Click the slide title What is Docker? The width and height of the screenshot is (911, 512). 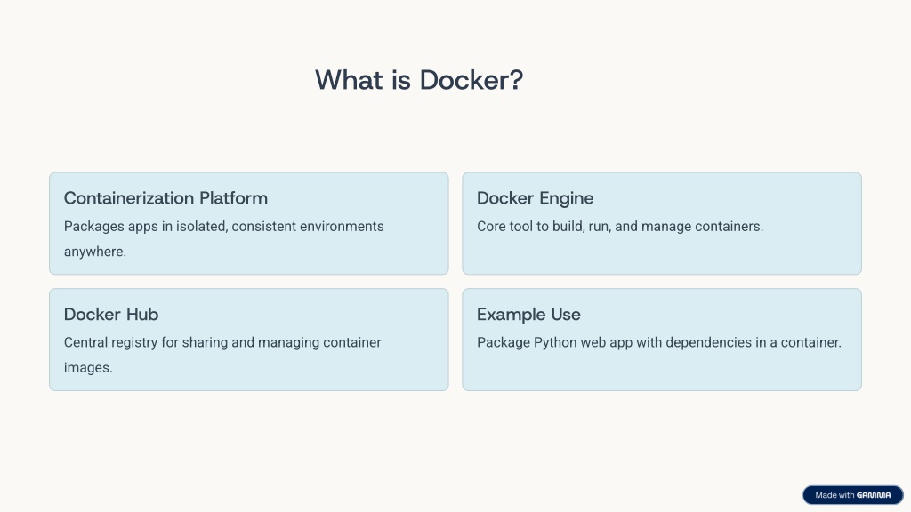[419, 79]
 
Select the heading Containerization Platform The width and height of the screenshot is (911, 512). [165, 198]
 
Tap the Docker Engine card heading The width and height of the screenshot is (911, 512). [535, 198]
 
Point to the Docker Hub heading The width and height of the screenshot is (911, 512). [111, 314]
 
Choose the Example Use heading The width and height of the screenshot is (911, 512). [528, 315]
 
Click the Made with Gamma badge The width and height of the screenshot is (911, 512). [853, 495]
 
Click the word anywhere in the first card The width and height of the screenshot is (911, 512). [94, 252]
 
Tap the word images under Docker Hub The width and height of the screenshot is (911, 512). [88, 368]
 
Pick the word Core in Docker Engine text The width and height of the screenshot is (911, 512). [491, 227]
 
